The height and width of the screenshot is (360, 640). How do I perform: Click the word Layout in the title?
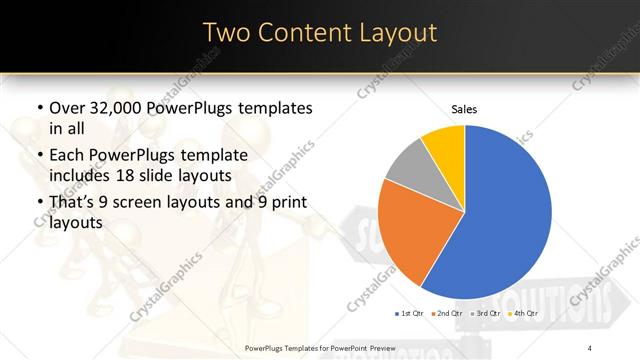(396, 33)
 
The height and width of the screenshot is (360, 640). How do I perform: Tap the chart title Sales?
(465, 108)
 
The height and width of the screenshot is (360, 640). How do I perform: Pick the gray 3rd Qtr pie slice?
(408, 168)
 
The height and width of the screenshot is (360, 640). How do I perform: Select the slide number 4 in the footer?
(590, 347)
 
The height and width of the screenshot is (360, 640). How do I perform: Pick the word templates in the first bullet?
(272, 108)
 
